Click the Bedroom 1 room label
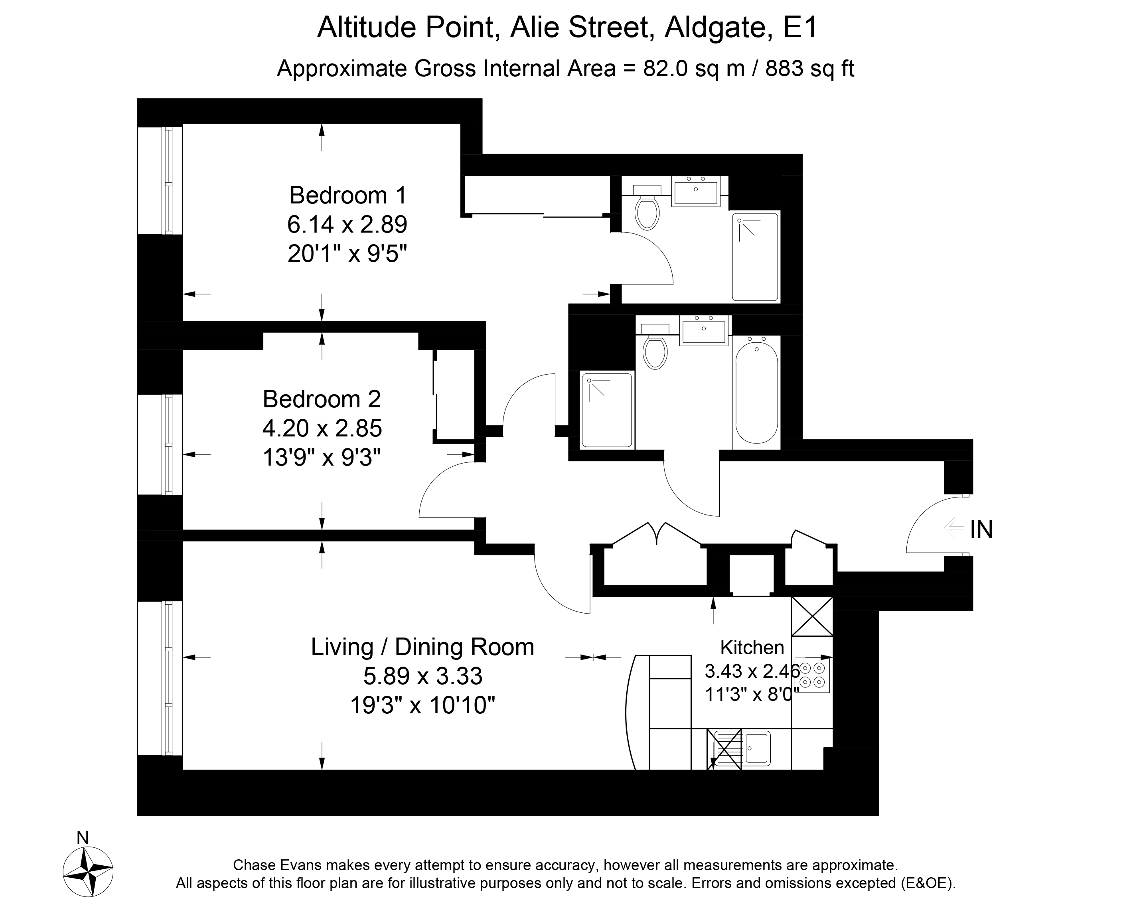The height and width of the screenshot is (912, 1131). click(x=348, y=195)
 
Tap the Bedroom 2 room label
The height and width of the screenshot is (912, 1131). click(x=322, y=399)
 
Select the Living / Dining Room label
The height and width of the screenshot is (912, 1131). click(x=422, y=647)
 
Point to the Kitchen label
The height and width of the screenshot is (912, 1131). click(x=752, y=647)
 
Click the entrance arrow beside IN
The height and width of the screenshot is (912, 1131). click(x=953, y=528)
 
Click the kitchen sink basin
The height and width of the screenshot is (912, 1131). click(x=756, y=748)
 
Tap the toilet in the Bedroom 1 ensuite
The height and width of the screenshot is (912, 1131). click(x=647, y=207)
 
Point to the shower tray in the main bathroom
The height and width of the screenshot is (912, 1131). click(x=607, y=410)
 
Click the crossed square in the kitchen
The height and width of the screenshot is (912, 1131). click(x=812, y=616)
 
